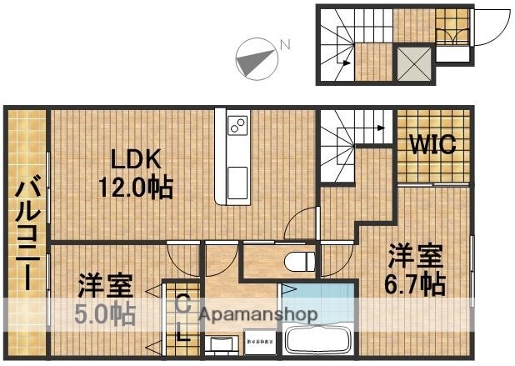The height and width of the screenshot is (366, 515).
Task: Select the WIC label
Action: click(431, 145)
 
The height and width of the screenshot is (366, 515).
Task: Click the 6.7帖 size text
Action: click(414, 283)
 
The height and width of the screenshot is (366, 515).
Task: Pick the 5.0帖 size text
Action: click(106, 315)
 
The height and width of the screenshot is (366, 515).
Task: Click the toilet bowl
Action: click(297, 261)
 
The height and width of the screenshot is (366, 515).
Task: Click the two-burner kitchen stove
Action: click(237, 127)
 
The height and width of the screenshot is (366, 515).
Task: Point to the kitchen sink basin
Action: click(237, 177)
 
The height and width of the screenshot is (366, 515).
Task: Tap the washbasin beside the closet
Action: click(220, 344)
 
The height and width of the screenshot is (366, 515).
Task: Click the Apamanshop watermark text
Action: click(258, 315)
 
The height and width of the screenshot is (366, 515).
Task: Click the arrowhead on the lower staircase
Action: click(381, 128)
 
